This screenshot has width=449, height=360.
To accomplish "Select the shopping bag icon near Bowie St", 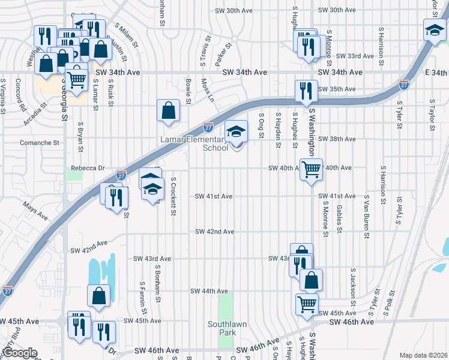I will pyautogui.click(x=168, y=111).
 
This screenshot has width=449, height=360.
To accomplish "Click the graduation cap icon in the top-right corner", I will pyautogui.click(x=434, y=30).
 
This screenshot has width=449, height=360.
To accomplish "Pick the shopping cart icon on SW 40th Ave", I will pyautogui.click(x=311, y=170).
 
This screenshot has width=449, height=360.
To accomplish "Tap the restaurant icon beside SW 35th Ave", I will pyautogui.click(x=306, y=91).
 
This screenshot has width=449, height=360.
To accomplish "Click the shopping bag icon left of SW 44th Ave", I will pyautogui.click(x=98, y=296).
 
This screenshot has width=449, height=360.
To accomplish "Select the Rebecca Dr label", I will pyautogui.click(x=88, y=168).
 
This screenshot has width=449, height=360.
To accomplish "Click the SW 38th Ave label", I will pyautogui.click(x=337, y=139).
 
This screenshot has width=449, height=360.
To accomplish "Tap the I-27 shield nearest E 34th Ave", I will pyautogui.click(x=404, y=85).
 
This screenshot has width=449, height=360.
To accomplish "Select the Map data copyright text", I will pyautogui.click(x=423, y=355).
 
